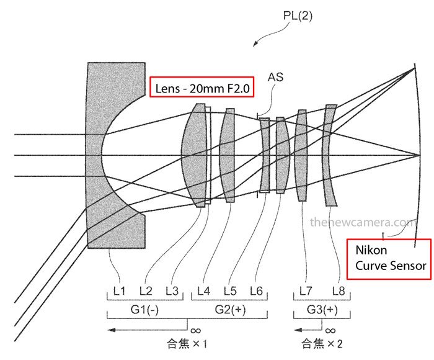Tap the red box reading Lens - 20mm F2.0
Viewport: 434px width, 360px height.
pyautogui.click(x=201, y=89)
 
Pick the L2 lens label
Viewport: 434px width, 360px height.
pyautogui.click(x=146, y=290)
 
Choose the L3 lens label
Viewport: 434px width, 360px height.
pyautogui.click(x=172, y=290)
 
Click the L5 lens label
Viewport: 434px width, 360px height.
pyautogui.click(x=231, y=290)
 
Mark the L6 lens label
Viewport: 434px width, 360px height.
pyautogui.click(x=257, y=290)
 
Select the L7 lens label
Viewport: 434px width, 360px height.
pyautogui.click(x=306, y=290)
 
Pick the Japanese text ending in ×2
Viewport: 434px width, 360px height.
pyautogui.click(x=322, y=343)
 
